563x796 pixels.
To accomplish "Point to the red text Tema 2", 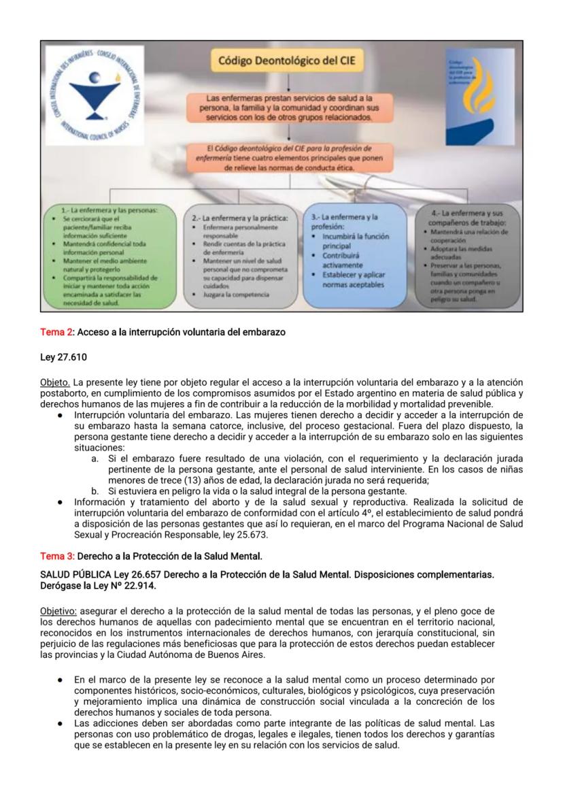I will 56,332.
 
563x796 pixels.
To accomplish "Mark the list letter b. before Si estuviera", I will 95,491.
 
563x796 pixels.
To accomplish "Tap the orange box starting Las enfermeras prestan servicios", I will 289,108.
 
